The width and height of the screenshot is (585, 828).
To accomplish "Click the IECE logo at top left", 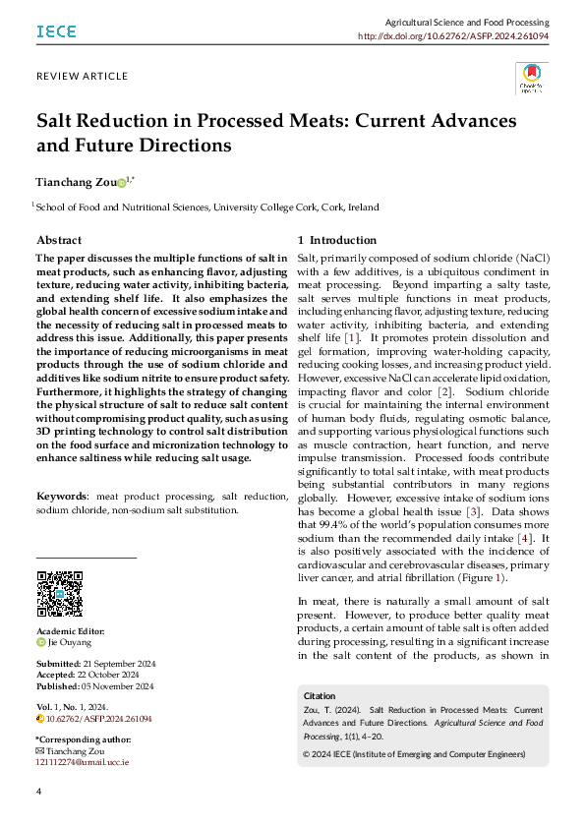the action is click(x=56, y=31).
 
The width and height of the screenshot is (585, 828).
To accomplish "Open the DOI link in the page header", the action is click(x=467, y=35).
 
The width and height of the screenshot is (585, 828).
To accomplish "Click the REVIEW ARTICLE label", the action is click(x=82, y=76).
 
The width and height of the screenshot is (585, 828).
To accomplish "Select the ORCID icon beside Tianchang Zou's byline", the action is click(x=121, y=183).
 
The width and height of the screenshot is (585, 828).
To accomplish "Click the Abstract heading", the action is click(x=59, y=240).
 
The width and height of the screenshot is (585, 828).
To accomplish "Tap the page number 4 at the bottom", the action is click(x=38, y=792).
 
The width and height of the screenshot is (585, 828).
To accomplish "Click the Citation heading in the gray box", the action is click(x=322, y=695).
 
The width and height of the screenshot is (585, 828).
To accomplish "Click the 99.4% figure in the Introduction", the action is click(x=342, y=525).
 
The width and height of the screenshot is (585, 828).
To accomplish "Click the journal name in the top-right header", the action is click(x=466, y=21).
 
